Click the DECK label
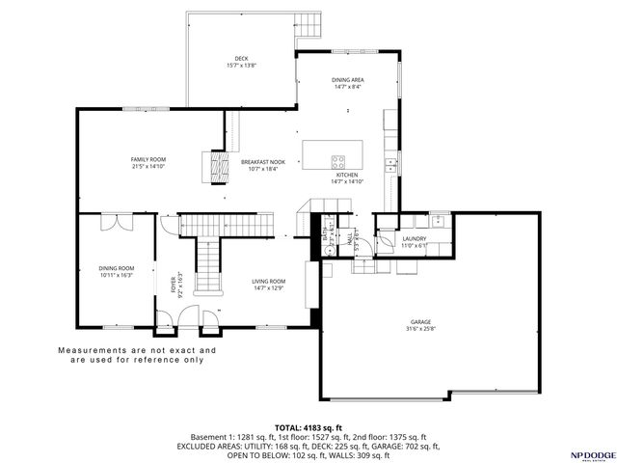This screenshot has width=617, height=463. [x=241, y=59]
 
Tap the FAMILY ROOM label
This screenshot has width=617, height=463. [x=148, y=158]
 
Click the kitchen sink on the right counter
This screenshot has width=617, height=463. [x=390, y=166]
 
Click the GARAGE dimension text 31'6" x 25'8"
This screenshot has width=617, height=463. [x=420, y=330]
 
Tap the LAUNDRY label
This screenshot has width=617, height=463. [x=415, y=240]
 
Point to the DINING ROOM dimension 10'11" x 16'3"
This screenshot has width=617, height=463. [x=116, y=275]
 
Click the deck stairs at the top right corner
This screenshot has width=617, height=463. [x=308, y=23]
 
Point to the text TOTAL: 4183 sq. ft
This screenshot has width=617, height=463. [x=308, y=426]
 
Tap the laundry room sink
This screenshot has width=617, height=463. [x=438, y=221]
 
